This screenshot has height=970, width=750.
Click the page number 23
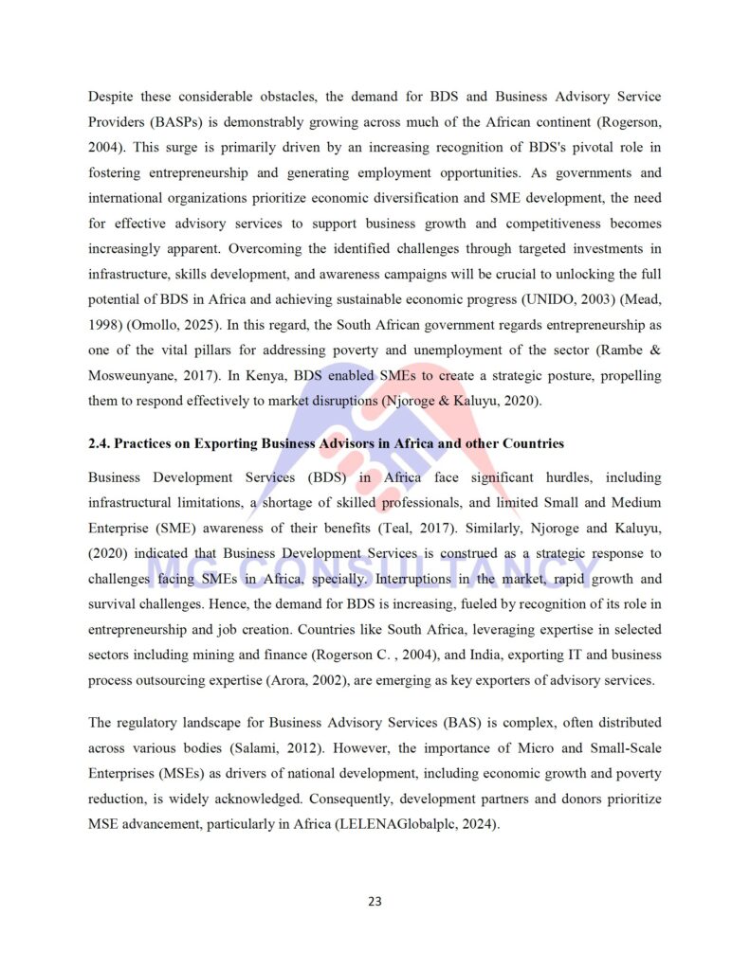pyautogui.click(x=375, y=901)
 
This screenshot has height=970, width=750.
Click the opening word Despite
pyautogui.click(x=112, y=97)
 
